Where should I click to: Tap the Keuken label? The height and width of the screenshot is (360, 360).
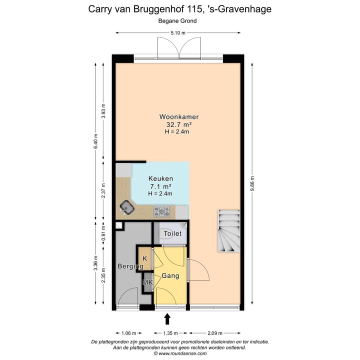pos(161,178)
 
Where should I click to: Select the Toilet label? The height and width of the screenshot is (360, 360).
pos(172,233)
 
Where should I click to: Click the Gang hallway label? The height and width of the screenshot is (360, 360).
pos(170,275)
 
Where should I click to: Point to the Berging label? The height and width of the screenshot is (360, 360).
pos(127,266)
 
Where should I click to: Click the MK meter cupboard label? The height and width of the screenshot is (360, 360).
pos(147,283)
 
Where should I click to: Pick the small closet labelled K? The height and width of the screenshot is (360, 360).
pos(145,258)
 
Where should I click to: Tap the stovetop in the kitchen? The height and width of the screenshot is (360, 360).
pos(161,211)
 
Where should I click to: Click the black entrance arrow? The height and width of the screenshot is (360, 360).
pos(167,318)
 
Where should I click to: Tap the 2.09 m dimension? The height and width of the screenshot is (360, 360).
pos(215,332)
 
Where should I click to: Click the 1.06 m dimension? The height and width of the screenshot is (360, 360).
pos(128,332)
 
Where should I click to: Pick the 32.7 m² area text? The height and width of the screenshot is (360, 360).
pos(179,125)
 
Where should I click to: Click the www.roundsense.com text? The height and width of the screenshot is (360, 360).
pos(182,353)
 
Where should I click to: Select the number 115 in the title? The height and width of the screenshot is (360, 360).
pos(193,9)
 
